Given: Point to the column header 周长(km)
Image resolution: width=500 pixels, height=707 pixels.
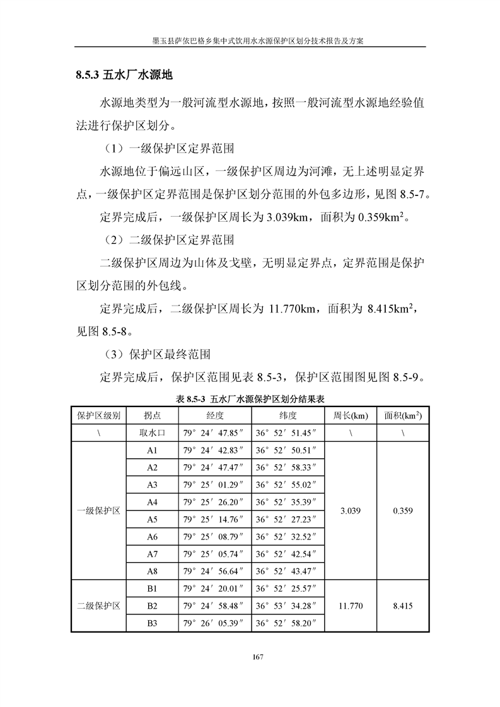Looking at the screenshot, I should point(351,416).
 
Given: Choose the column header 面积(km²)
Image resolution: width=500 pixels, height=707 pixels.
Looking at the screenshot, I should point(402,416).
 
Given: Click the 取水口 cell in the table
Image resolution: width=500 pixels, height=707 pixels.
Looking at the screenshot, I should point(151,434).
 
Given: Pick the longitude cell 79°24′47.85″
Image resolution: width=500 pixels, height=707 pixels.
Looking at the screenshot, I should point(213,434).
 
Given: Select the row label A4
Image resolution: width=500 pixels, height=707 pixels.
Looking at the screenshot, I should point(151,502).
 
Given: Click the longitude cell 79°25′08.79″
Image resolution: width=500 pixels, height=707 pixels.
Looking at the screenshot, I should point(213,537).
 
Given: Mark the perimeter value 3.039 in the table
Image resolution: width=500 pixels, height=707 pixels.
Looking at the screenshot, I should point(351,511).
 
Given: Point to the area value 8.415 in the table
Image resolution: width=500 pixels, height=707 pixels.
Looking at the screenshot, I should point(402,606).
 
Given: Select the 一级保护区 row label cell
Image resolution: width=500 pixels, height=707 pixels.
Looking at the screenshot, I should point(98,511).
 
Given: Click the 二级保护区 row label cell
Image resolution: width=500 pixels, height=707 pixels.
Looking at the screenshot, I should point(98,606).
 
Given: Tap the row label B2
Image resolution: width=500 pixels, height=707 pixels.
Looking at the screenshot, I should point(151,606).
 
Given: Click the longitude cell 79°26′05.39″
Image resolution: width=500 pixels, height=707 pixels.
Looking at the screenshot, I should point(213,623).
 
